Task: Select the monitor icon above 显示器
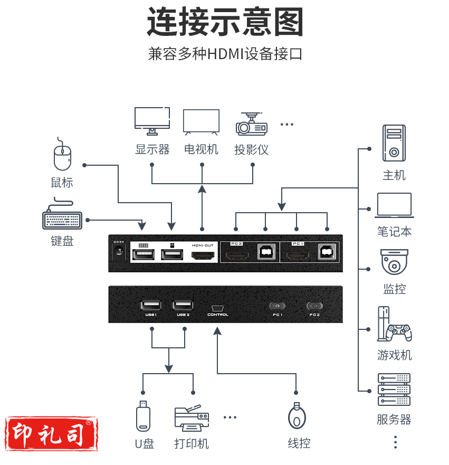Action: point(152,121)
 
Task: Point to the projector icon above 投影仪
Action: point(251,124)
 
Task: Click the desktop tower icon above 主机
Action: point(394,143)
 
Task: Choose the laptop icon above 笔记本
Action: point(394,205)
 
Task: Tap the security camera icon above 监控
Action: point(394,262)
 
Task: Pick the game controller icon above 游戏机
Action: point(394,325)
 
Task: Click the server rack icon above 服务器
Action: point(394,390)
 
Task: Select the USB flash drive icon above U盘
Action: point(143,416)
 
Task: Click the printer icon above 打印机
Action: point(192,417)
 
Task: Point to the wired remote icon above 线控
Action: point(298,417)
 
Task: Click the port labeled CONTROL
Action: point(217,308)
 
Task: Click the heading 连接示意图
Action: point(225,22)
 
